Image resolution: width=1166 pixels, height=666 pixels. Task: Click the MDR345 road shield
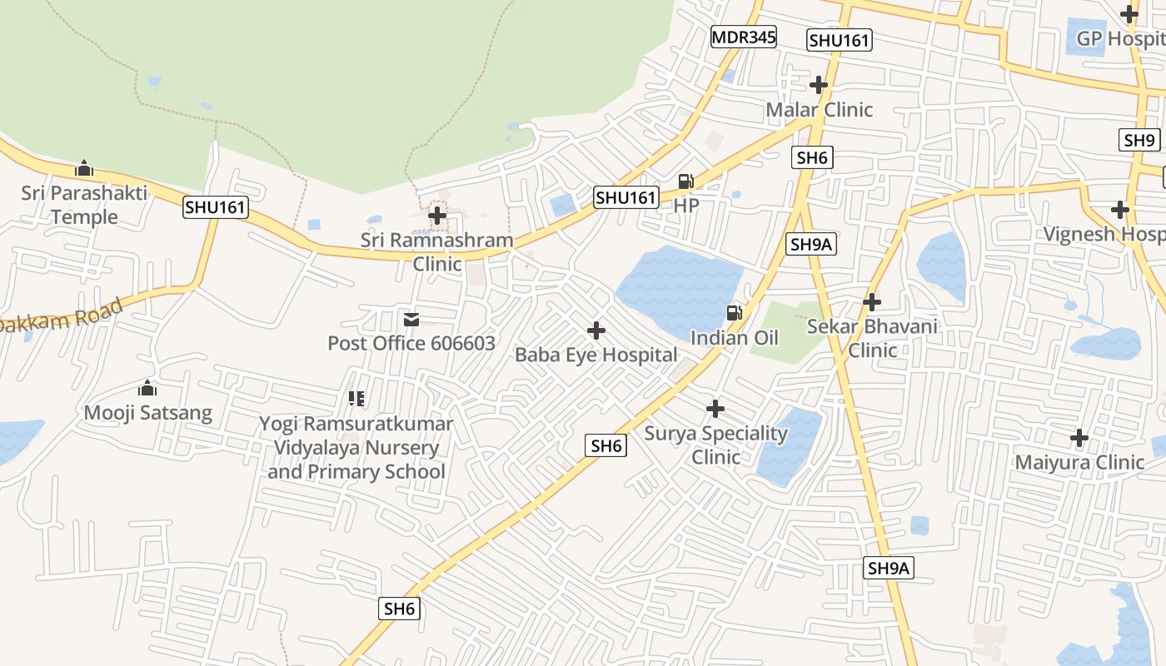744,37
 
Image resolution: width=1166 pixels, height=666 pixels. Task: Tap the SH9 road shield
1139,140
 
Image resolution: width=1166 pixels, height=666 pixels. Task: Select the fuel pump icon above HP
685,181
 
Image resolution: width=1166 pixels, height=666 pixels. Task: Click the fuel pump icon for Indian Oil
735,313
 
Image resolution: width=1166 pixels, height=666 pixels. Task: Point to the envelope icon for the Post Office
411,320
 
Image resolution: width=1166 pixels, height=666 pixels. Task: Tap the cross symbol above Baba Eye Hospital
596,331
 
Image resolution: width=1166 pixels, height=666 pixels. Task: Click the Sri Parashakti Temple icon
84,169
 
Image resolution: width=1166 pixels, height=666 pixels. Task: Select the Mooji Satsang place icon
147,388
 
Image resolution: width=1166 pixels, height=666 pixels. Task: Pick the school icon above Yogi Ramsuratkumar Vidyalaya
356,399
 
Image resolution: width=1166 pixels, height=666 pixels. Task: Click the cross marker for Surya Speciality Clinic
715,409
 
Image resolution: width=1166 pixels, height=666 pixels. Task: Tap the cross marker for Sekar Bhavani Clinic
872,301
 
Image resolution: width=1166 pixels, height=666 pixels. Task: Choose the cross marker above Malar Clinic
819,85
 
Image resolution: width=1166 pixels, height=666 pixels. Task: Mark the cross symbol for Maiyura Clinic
1079,437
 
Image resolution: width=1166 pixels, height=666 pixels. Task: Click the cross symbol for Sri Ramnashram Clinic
436,216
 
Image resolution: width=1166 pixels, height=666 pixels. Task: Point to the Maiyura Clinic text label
1079,462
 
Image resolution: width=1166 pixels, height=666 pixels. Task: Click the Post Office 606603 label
411,343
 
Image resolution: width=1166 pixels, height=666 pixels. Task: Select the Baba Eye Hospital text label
596,355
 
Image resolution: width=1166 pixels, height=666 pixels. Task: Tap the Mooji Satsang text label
148,412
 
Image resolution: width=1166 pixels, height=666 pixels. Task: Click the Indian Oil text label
735,337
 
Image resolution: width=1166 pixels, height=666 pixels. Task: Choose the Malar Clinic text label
820,110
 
